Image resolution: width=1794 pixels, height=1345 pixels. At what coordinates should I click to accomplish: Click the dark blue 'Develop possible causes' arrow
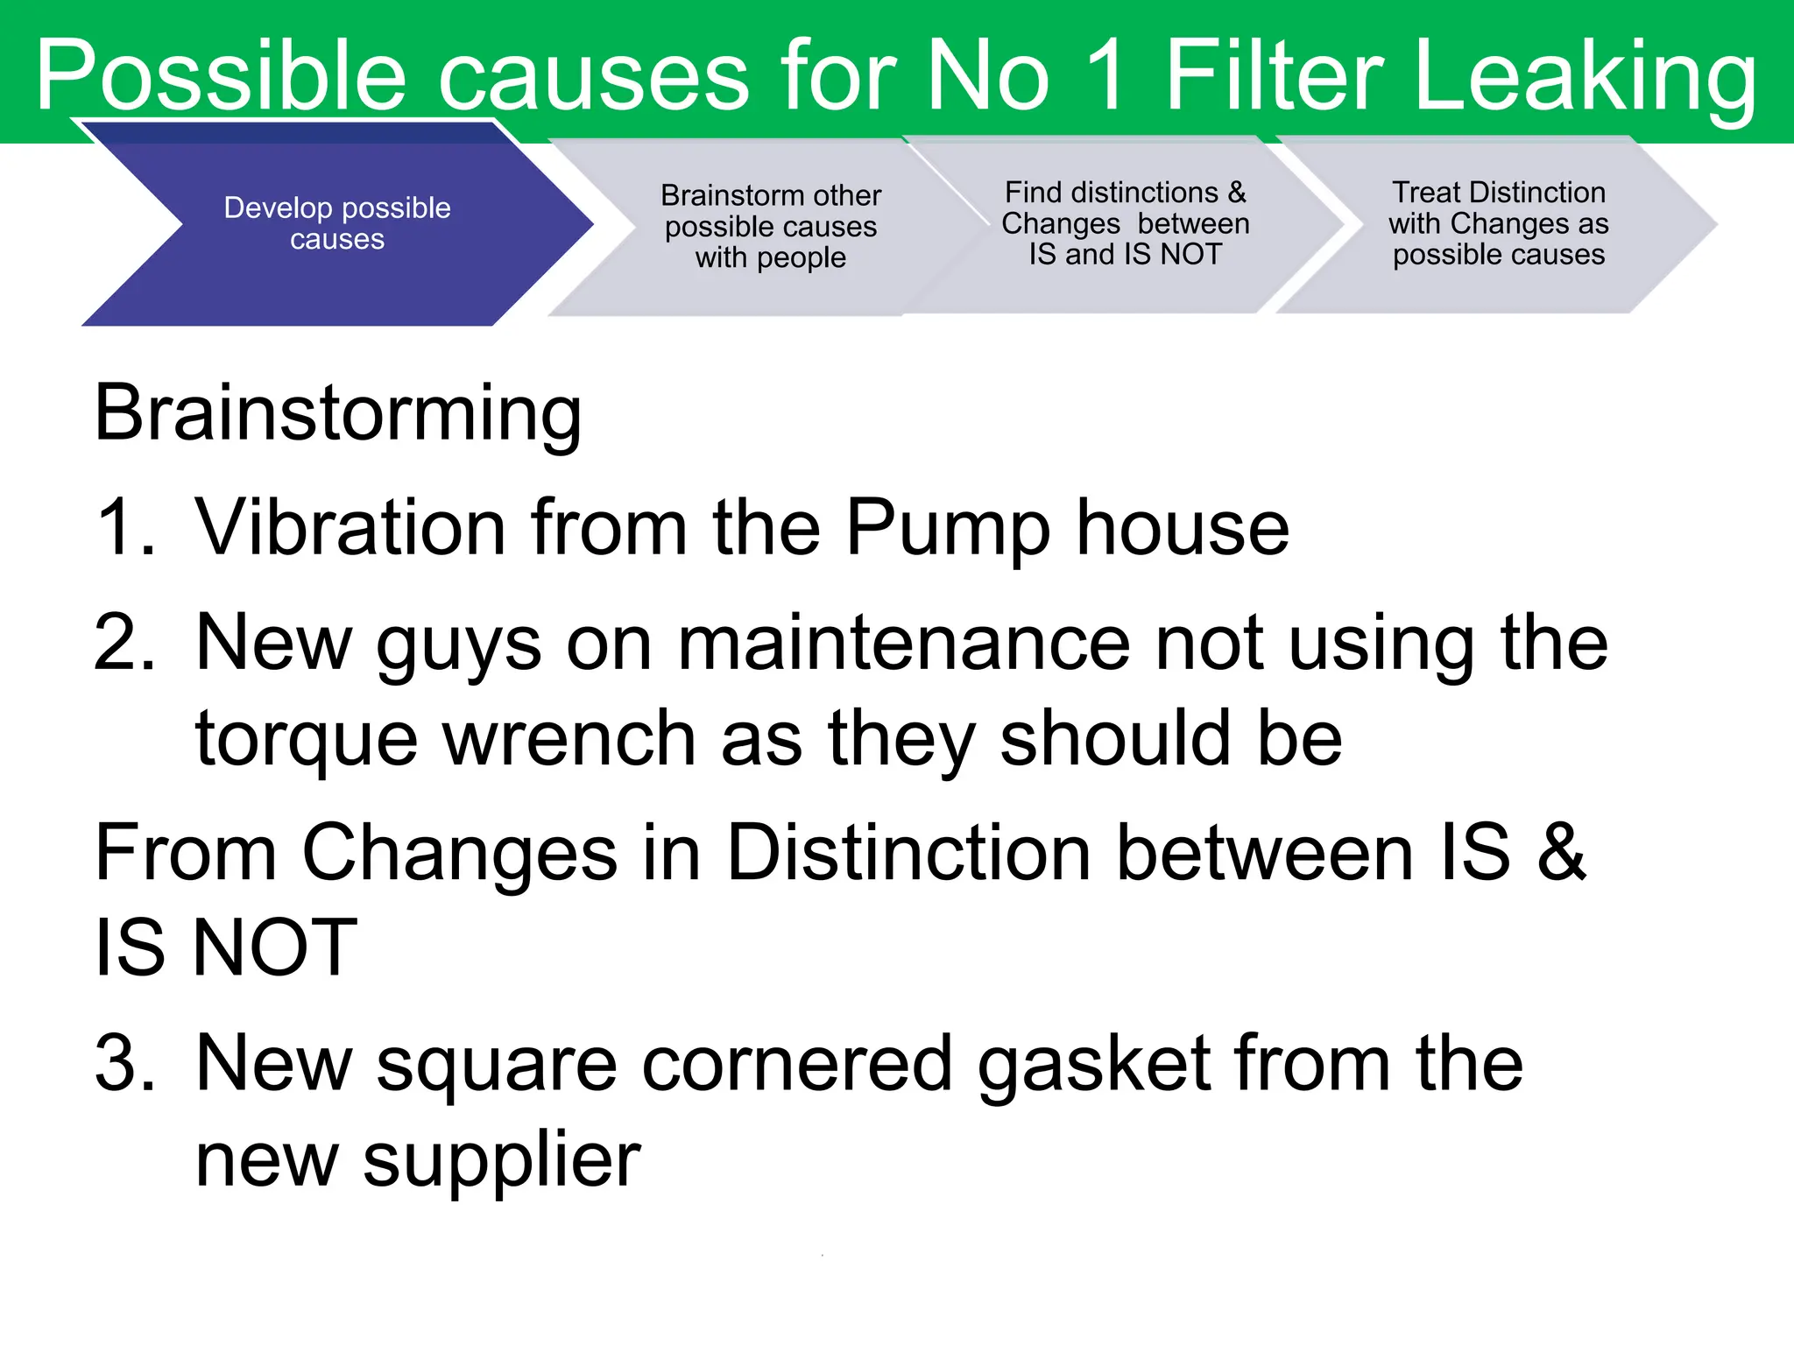pyautogui.click(x=337, y=223)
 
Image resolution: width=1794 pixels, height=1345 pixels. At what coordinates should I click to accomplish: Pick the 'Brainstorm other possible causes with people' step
pyautogui.click(x=770, y=226)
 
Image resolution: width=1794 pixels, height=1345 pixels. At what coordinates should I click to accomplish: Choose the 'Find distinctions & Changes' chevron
pyautogui.click(x=1125, y=223)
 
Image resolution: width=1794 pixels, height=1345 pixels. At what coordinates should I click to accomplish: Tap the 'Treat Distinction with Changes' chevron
pyautogui.click(x=1498, y=223)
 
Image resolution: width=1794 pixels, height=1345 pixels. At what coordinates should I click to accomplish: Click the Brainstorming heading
pyautogui.click(x=337, y=412)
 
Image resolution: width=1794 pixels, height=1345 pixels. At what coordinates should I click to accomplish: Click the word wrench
pyautogui.click(x=569, y=739)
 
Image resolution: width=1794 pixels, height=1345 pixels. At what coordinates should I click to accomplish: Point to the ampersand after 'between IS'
pyautogui.click(x=1561, y=852)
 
